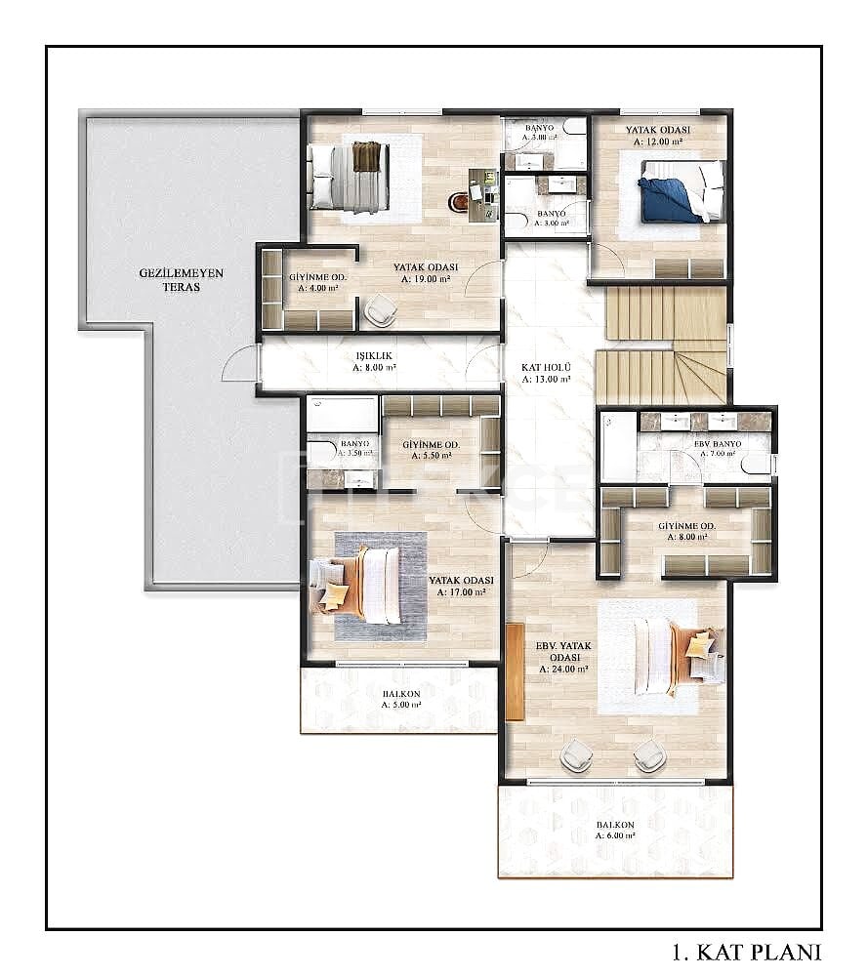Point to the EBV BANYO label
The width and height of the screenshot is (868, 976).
(x=718, y=449)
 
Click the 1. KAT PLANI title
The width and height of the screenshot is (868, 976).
(x=748, y=952)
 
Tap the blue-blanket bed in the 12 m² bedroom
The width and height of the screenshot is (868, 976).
(x=682, y=191)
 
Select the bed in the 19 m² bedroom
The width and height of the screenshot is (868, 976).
(x=349, y=177)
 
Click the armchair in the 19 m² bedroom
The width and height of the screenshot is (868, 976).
(x=379, y=311)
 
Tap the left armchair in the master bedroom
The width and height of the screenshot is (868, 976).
(x=576, y=754)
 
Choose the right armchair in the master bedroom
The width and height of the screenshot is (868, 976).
(x=648, y=754)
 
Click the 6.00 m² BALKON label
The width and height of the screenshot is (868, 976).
(x=615, y=832)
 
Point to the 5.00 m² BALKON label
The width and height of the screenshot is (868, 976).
(x=400, y=700)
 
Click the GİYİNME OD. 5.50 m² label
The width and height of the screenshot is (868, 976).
(x=431, y=450)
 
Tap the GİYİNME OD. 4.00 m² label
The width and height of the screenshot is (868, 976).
(x=313, y=282)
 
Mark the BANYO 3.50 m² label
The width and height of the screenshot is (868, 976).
(x=354, y=449)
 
